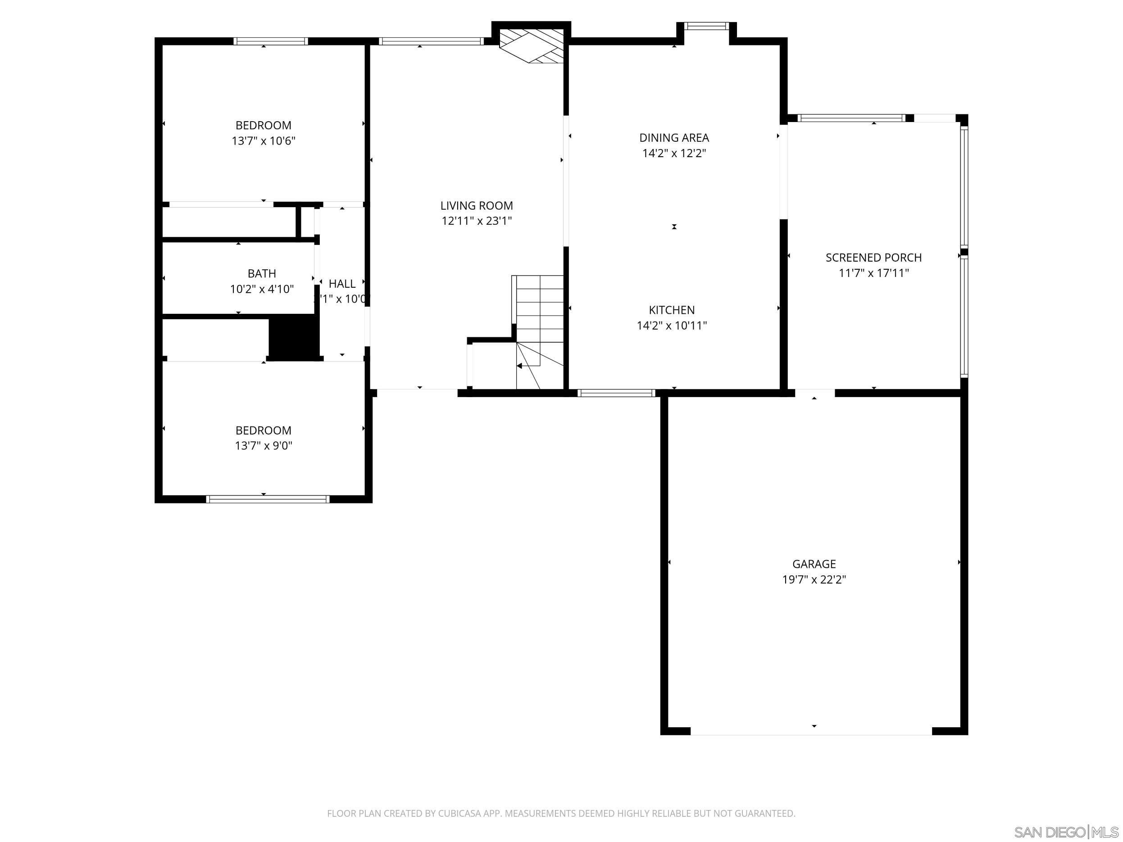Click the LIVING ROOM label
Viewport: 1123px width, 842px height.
pos(476,206)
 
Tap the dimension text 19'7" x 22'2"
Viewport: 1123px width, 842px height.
pos(814,579)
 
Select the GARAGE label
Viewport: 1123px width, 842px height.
pos(814,564)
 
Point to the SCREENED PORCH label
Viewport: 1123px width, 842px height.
pos(873,257)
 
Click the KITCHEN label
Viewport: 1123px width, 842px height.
pos(672,310)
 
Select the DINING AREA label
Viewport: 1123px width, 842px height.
pos(674,137)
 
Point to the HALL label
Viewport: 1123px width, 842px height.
pos(341,284)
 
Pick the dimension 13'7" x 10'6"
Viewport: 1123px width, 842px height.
pos(264,141)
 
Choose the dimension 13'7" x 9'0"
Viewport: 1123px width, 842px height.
pos(264,446)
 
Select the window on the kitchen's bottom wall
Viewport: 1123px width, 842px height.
pos(616,393)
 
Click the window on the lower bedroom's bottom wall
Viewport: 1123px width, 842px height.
pos(268,499)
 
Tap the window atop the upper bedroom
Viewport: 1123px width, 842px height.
pos(271,41)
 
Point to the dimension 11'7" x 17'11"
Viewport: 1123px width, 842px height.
pos(873,273)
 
